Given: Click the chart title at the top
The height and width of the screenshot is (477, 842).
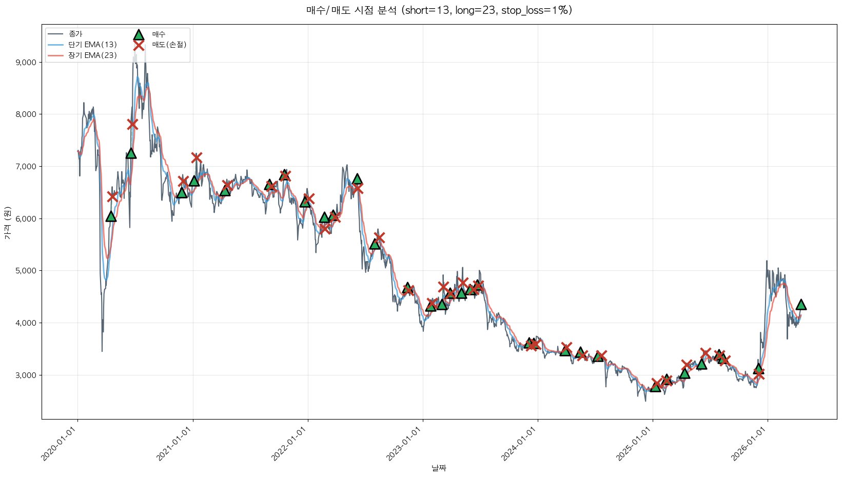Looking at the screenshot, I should click(439, 10).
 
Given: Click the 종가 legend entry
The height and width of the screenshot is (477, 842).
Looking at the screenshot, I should click(75, 34).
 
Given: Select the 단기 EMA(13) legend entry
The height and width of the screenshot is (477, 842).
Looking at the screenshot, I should click(92, 45).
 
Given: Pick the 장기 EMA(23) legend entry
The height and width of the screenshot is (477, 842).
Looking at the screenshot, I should click(92, 55).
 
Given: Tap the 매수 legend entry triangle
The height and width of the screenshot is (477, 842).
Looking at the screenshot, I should click(139, 35).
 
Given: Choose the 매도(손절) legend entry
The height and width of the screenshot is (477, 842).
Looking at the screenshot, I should click(169, 45).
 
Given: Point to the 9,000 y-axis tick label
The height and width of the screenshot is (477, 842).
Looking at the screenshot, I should click(26, 63).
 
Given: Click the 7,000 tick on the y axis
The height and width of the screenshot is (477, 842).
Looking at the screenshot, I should click(26, 167).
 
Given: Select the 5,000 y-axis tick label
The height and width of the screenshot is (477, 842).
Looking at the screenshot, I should click(26, 271).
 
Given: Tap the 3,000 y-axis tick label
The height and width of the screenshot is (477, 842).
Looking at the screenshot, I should click(26, 375).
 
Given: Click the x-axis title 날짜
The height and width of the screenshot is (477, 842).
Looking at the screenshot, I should click(439, 468).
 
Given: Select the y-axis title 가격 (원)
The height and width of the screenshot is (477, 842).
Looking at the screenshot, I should click(7, 223).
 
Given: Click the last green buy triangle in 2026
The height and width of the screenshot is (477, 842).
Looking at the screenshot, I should click(801, 305).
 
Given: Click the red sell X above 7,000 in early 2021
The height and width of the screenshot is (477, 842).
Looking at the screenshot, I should click(197, 157).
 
